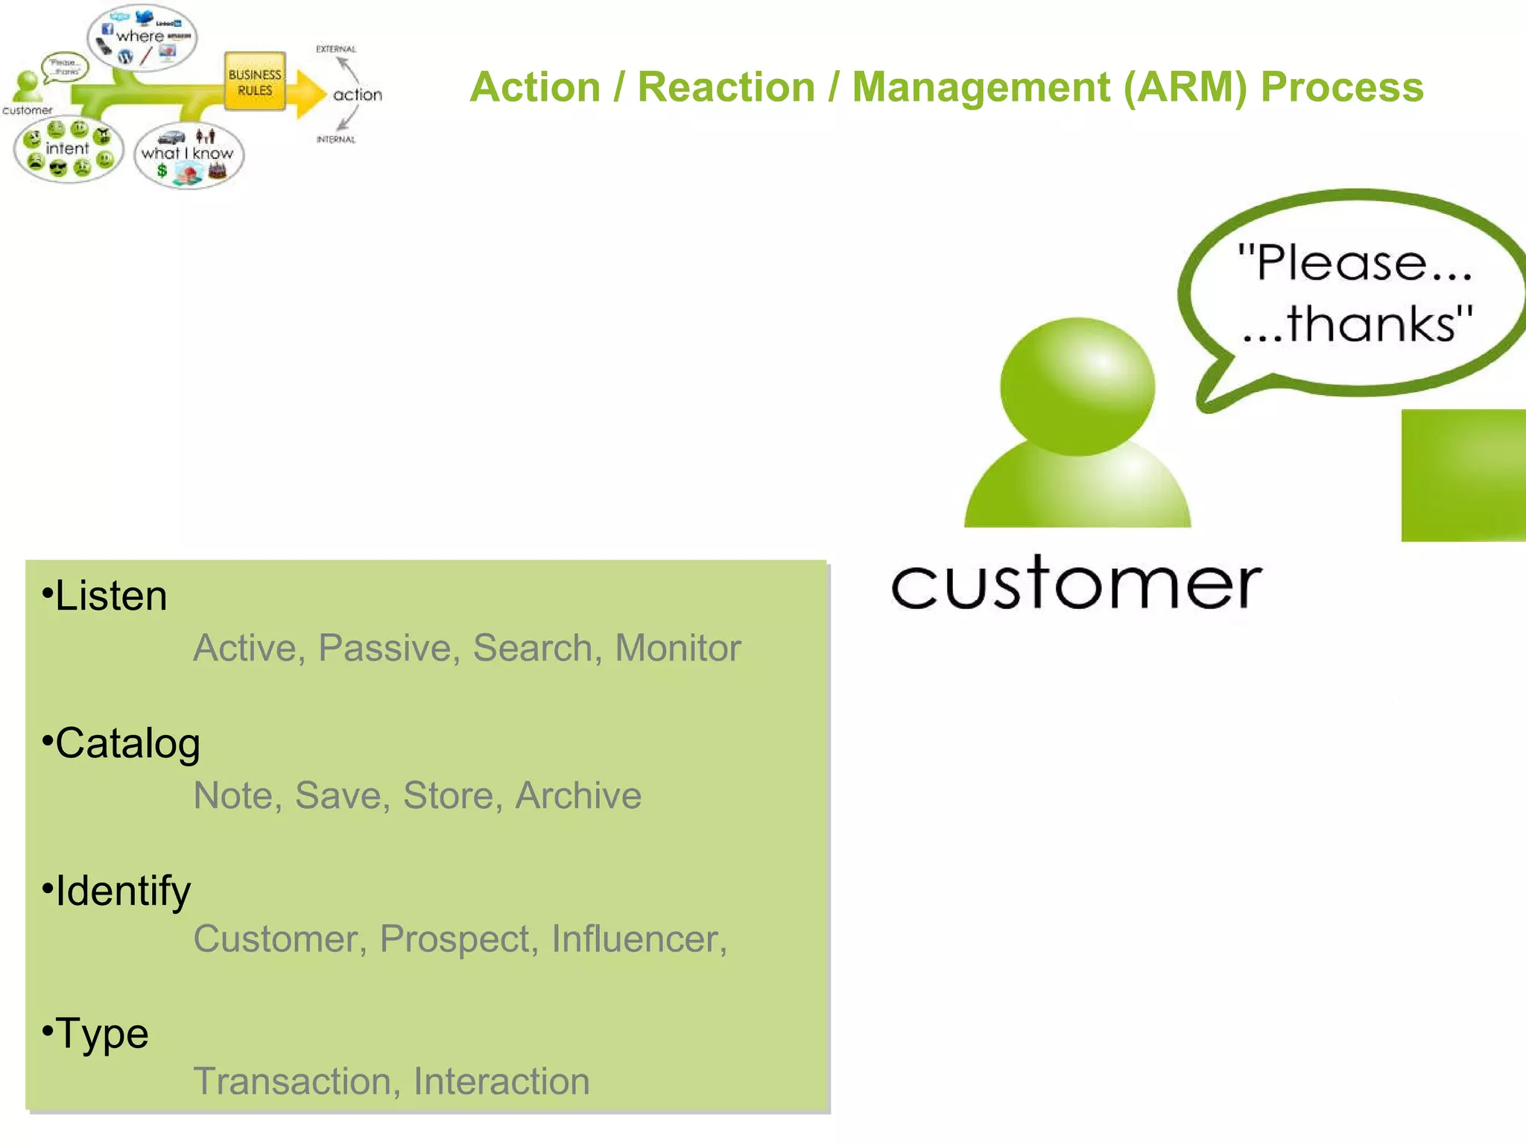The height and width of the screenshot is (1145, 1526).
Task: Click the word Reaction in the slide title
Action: [x=726, y=87]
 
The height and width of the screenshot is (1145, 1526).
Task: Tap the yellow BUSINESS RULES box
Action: [x=255, y=82]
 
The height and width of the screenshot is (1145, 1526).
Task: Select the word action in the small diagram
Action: [x=358, y=95]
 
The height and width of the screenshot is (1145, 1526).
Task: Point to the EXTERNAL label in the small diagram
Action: [x=336, y=49]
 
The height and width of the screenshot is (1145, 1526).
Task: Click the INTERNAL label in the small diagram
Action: [x=336, y=139]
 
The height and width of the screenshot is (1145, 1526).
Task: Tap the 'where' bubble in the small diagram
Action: [x=142, y=37]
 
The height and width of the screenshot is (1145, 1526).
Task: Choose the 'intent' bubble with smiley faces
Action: [x=67, y=149]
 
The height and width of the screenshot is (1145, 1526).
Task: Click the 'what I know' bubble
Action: [x=188, y=154]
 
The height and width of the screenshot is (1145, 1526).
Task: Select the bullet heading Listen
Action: [x=111, y=596]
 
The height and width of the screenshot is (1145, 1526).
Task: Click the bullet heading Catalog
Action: [x=127, y=744]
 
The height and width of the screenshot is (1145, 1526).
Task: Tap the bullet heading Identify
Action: [x=123, y=891]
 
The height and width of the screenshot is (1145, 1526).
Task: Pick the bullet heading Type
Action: [x=102, y=1034]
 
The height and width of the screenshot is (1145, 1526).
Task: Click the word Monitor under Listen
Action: [x=677, y=648]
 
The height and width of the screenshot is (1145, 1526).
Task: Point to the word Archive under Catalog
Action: [x=578, y=795]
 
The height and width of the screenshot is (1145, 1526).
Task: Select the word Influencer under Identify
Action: [x=638, y=939]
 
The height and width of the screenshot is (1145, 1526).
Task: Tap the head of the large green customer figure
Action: [x=1077, y=386]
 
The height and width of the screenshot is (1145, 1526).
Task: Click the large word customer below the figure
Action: [x=1076, y=584]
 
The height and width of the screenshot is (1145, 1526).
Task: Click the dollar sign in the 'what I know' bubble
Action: [x=162, y=171]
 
